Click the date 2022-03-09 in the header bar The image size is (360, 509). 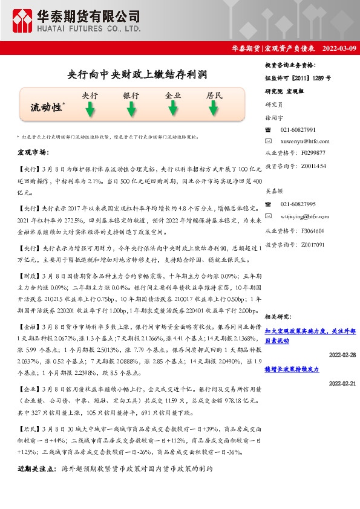339,48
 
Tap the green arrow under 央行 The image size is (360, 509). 90,109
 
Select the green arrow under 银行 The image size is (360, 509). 131,109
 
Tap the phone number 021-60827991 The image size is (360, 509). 298,130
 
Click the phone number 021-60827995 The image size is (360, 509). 298,204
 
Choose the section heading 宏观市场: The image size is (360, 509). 33,152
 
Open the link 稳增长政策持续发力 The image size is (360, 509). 292,368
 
